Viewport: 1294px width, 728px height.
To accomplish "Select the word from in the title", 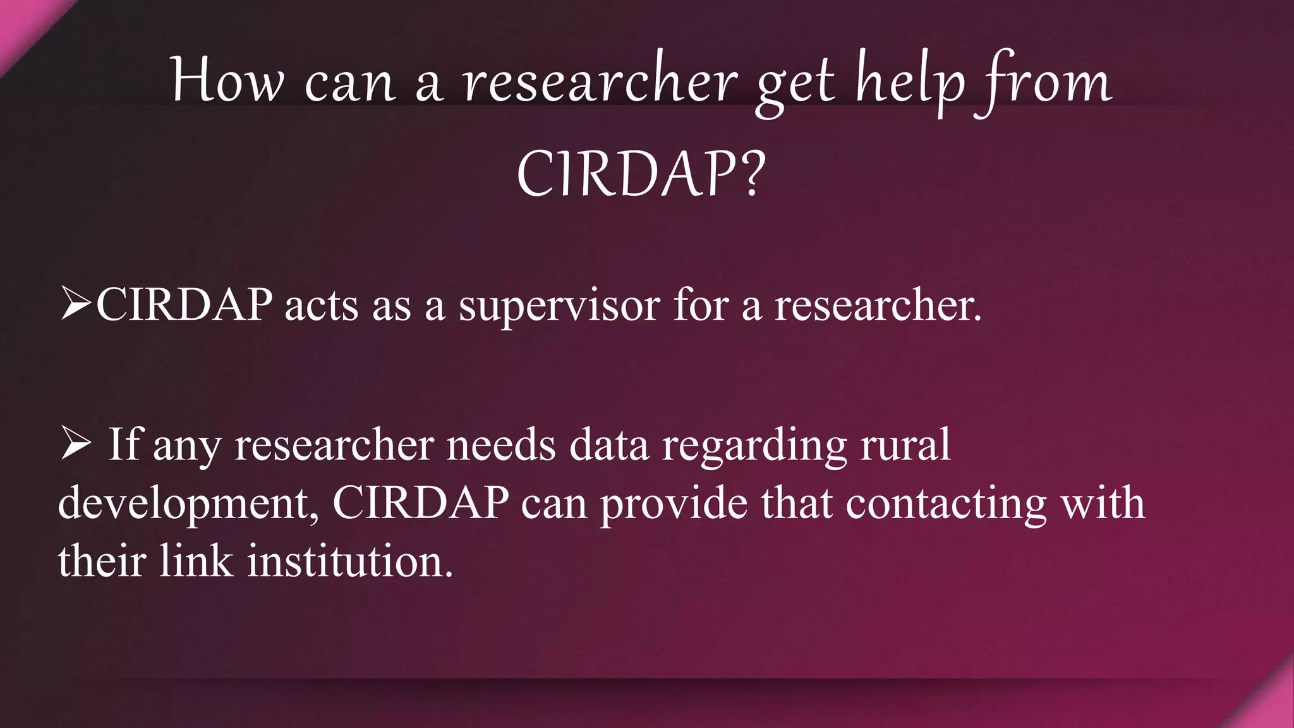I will point(1045,83).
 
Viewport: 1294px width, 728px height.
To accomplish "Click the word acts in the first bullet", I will point(322,306).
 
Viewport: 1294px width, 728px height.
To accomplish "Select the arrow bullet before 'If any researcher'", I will point(75,444).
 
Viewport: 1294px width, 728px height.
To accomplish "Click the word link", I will point(196,561).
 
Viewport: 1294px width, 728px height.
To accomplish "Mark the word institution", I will point(349,561).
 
